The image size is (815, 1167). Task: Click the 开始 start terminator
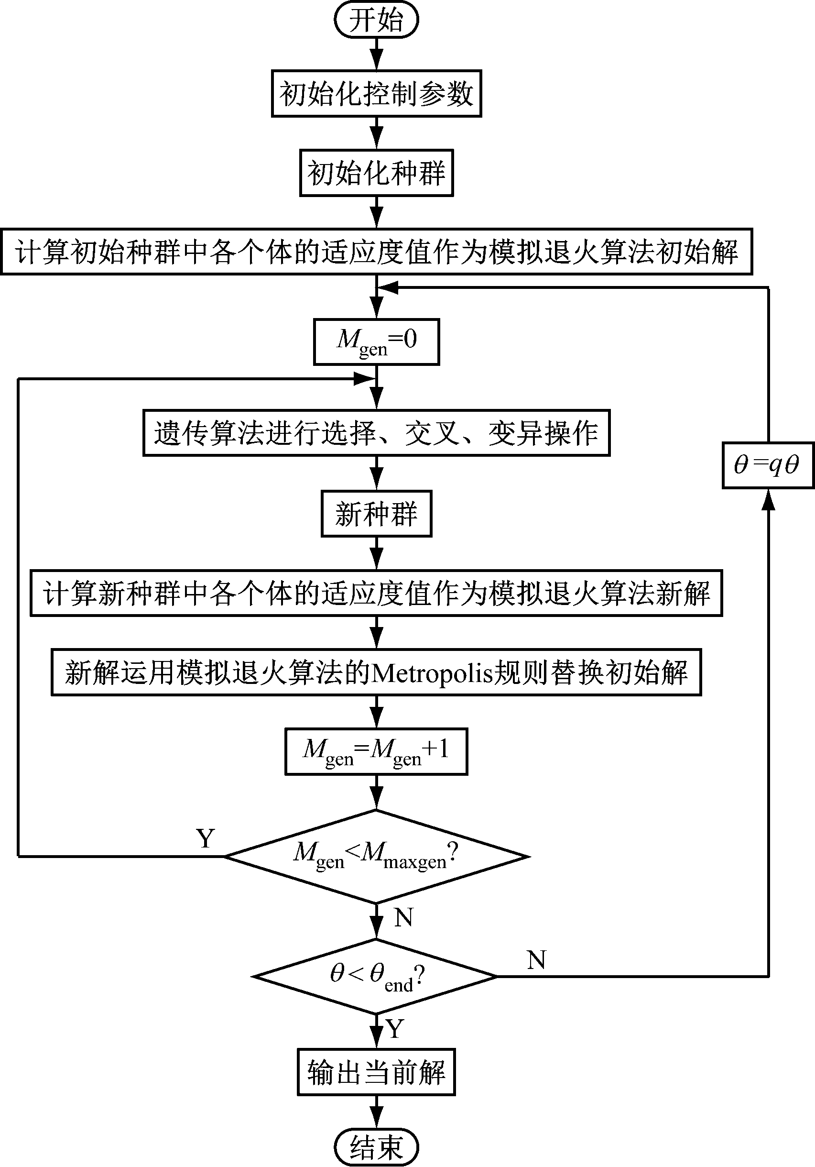tap(376, 21)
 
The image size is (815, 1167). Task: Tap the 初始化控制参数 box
tap(376, 94)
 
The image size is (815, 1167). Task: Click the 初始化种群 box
tap(376, 173)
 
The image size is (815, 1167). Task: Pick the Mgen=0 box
tap(376, 341)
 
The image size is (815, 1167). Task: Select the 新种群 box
tap(376, 513)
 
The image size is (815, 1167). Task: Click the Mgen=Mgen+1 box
tap(376, 751)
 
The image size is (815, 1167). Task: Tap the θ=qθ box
tap(768, 465)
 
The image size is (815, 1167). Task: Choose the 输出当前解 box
tap(376, 1072)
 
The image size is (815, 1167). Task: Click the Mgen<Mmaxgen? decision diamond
tap(376, 856)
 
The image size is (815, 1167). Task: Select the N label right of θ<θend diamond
tap(536, 959)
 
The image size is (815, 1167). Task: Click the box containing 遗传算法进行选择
tap(376, 433)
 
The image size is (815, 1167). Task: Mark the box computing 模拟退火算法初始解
tap(376, 252)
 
